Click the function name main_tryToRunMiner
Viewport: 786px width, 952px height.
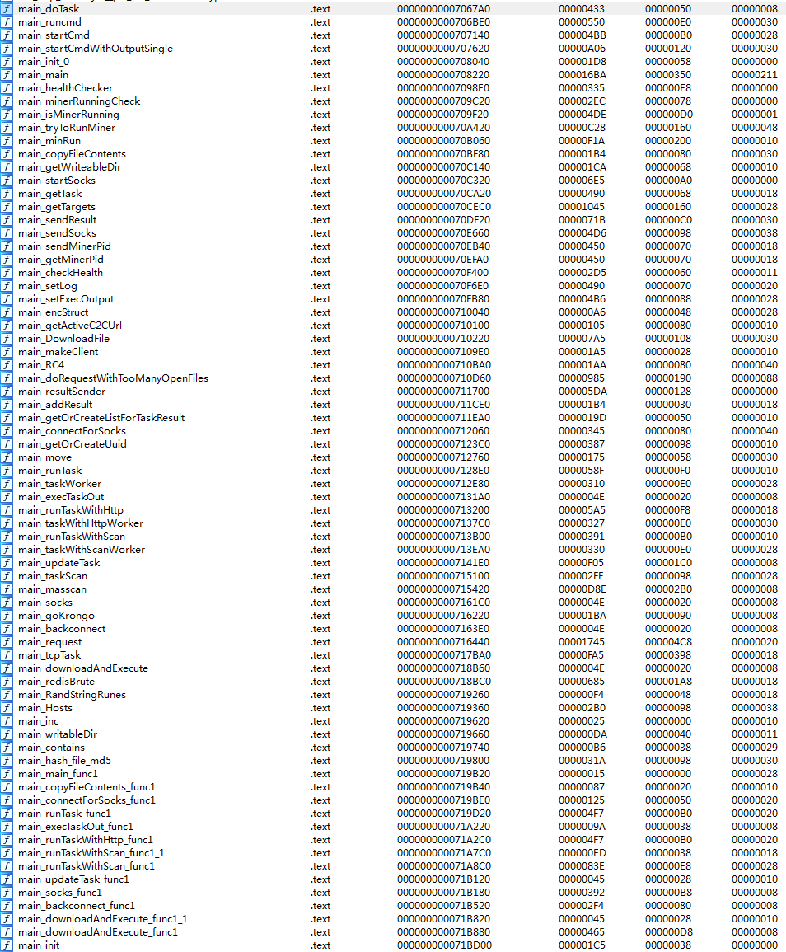67,128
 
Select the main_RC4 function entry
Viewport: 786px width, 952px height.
41,365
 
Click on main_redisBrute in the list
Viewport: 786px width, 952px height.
56,682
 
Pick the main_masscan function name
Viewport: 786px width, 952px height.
52,589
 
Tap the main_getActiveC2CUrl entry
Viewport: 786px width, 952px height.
69,326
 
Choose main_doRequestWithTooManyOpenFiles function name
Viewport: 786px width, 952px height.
113,378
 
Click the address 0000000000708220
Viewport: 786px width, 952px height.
442,75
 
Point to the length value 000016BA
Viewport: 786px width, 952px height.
582,75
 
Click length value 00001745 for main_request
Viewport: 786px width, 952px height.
582,642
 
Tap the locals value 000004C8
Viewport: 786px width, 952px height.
668,642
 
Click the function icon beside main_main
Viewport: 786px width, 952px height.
7,75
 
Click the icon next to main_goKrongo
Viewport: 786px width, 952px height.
7,616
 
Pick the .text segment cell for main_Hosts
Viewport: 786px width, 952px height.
320,708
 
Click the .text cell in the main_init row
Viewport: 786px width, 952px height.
320,945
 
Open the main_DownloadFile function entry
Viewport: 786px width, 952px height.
63,339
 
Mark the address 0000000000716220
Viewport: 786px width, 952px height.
442,616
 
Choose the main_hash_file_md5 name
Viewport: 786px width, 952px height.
64,761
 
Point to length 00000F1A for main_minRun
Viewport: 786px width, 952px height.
582,141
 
